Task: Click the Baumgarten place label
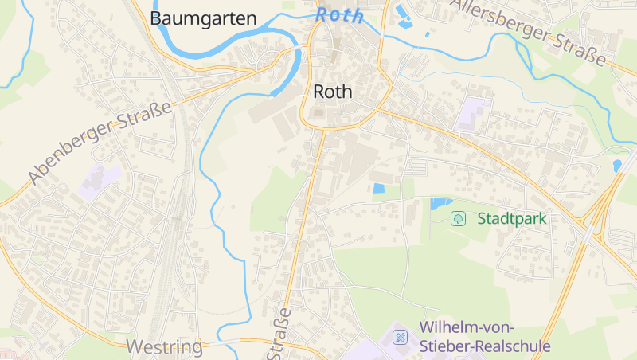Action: pyautogui.click(x=203, y=18)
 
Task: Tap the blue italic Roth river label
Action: pyautogui.click(x=339, y=14)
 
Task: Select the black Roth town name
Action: pyautogui.click(x=333, y=92)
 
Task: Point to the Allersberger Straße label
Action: pyautogui.click(x=528, y=31)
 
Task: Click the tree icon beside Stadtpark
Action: pyautogui.click(x=459, y=218)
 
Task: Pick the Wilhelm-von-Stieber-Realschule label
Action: pyautogui.click(x=485, y=337)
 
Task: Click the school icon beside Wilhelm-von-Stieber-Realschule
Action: pyautogui.click(x=401, y=338)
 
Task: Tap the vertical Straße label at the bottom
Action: pyautogui.click(x=282, y=332)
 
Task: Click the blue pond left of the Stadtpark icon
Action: pyautogui.click(x=440, y=203)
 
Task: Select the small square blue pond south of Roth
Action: pyautogui.click(x=378, y=189)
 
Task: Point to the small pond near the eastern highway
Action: pyautogui.click(x=617, y=166)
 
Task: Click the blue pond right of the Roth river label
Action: pyautogui.click(x=401, y=10)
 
